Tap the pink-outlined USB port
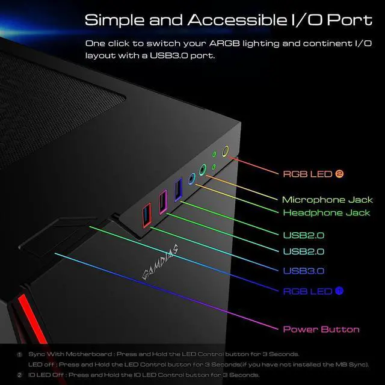[x=162, y=202]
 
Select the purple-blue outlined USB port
[x=177, y=191]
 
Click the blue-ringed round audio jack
[x=192, y=178]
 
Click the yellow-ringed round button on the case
[x=226, y=152]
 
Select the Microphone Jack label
[x=327, y=200]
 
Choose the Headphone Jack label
[x=327, y=213]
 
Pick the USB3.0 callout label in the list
[x=304, y=271]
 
